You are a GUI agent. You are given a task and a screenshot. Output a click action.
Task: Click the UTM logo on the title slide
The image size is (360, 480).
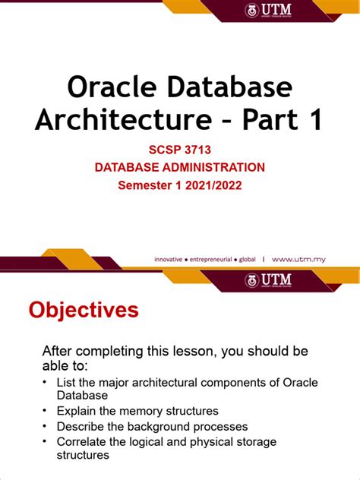pos(268,10)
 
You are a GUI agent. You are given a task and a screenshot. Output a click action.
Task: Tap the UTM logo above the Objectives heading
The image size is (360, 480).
pos(268,280)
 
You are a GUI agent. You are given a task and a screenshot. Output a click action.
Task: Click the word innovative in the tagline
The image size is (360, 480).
pos(169,259)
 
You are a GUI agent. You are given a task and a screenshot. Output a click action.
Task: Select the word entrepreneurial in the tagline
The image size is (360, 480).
pos(211,259)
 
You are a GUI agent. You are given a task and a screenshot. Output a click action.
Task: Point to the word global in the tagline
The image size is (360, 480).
pos(248,259)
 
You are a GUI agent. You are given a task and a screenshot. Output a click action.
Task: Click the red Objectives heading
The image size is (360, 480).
pos(84,310)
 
